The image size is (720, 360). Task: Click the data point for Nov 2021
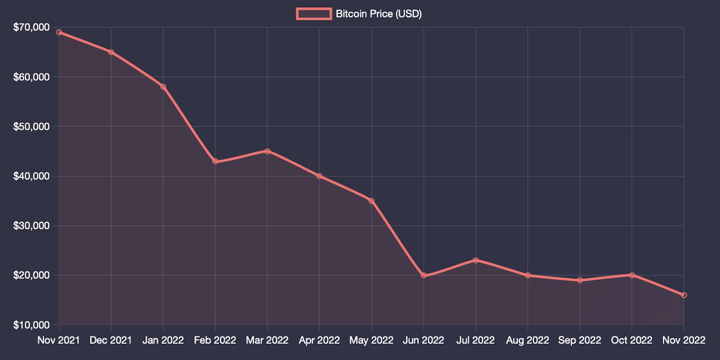coord(59,32)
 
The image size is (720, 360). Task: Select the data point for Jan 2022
coord(163,87)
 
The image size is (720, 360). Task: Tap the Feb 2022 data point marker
coord(215,161)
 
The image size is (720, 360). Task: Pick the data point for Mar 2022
coord(267,151)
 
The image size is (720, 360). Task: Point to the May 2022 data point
coord(371,201)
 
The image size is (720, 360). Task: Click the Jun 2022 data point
coord(423,275)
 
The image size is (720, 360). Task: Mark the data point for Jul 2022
coord(476,260)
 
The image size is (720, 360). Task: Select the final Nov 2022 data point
coord(684,295)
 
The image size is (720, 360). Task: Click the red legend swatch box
coord(314,14)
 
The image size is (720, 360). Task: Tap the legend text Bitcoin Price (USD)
coord(378,14)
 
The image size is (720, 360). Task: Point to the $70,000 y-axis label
coord(31,27)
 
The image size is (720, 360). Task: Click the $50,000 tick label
coord(31,126)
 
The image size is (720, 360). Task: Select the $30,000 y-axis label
coord(31,225)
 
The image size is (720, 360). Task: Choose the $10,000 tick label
coord(31,325)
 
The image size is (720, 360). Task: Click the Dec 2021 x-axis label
coord(111,340)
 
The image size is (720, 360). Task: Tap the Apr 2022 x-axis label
coord(319,340)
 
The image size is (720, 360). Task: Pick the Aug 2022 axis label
coord(527,340)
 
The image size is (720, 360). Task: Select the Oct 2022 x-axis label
coord(632,340)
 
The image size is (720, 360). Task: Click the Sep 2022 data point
coord(580,280)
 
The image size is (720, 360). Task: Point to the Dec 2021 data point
coord(111,52)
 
